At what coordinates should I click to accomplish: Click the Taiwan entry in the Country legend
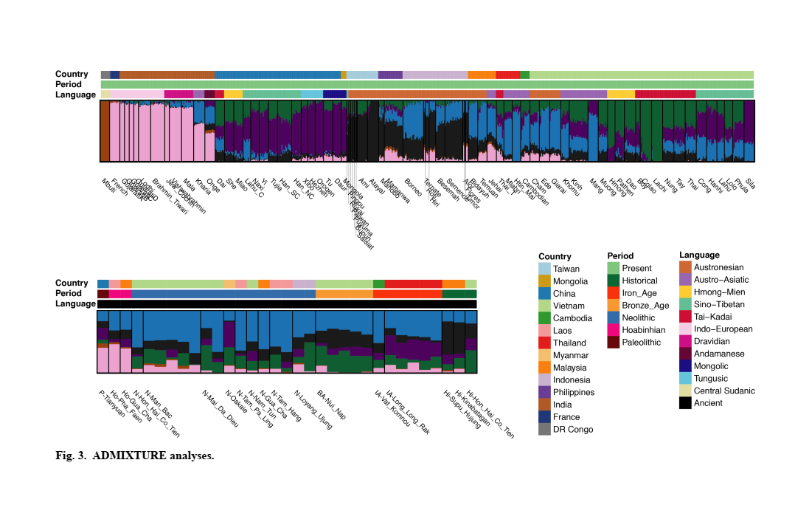click(566, 269)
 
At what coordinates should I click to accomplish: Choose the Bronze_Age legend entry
click(645, 306)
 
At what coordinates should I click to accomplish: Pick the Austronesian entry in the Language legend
click(718, 267)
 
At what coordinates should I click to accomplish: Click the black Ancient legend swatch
click(685, 403)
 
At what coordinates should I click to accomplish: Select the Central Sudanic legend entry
click(724, 391)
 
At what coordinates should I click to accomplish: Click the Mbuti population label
click(108, 183)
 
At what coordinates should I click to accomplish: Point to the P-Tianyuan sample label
click(112, 402)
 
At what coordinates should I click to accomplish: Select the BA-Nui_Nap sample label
click(331, 405)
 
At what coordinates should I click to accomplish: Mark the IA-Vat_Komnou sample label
click(392, 408)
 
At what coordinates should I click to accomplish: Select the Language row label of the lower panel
click(75, 303)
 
